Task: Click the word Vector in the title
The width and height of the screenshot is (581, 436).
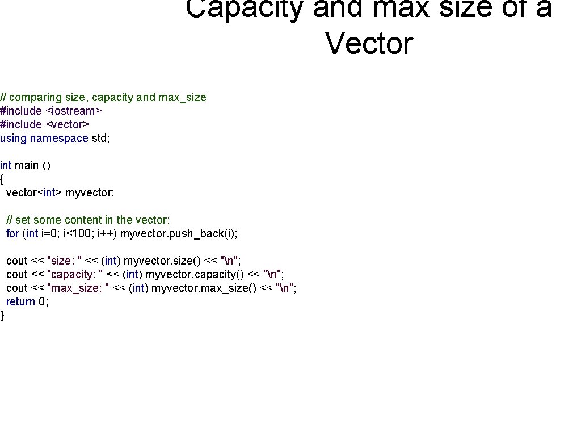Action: [369, 43]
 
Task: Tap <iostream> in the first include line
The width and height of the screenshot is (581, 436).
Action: [73, 111]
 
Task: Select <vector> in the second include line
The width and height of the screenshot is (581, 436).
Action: [67, 124]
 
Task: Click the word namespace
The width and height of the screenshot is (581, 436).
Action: [59, 138]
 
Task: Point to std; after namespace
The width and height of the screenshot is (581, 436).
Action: [100, 138]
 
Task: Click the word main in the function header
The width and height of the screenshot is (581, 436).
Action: [27, 165]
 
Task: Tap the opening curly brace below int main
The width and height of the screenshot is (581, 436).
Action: [2, 179]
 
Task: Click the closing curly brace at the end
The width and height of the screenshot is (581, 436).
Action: [2, 315]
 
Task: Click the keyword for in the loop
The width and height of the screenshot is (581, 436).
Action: [12, 233]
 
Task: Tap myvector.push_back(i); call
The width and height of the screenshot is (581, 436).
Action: [179, 233]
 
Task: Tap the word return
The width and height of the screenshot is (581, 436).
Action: [20, 301]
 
